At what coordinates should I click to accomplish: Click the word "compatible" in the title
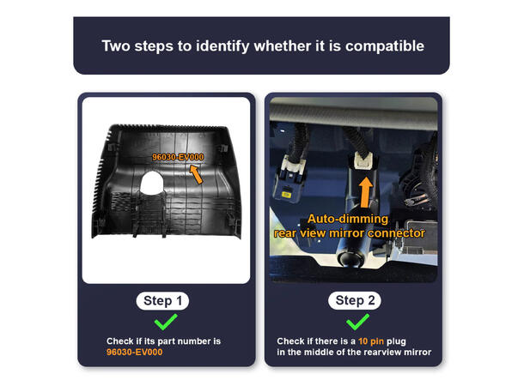[385, 46]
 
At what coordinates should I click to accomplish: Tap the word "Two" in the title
[116, 45]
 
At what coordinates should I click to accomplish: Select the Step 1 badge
[162, 301]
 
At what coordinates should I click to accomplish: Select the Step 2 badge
[355, 300]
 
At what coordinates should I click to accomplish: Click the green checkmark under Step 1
[166, 322]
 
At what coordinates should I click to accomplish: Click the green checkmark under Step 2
[357, 322]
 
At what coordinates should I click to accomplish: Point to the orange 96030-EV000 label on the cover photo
[178, 157]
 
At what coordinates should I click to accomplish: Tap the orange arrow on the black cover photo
[196, 174]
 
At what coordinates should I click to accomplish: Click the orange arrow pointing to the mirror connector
[366, 192]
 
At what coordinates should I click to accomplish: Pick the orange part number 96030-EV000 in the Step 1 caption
[134, 353]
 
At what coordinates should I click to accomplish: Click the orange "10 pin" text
[371, 341]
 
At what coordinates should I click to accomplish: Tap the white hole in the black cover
[152, 183]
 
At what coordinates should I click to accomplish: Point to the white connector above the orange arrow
[364, 161]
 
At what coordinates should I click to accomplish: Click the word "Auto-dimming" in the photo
[348, 219]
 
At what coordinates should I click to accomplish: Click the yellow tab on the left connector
[286, 194]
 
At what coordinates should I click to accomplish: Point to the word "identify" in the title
[222, 46]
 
